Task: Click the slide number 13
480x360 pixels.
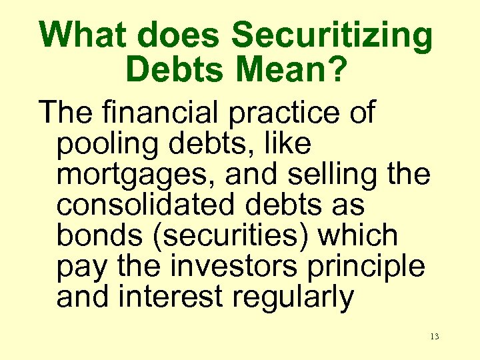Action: [435, 337]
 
